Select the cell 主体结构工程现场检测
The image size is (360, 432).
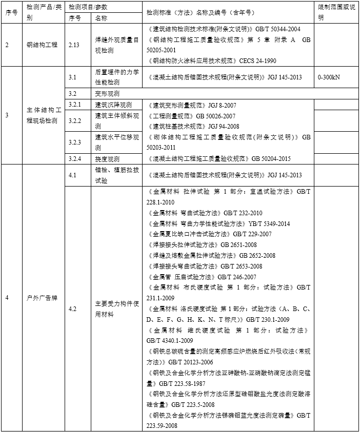43,115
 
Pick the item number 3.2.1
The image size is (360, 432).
75,105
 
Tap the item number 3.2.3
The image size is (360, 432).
75,142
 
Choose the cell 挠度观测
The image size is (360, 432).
107,159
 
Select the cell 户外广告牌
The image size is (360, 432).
43,298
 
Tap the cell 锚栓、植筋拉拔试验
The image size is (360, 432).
116,175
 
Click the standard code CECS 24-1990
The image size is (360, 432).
257,60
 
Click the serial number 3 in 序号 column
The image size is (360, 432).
7,115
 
